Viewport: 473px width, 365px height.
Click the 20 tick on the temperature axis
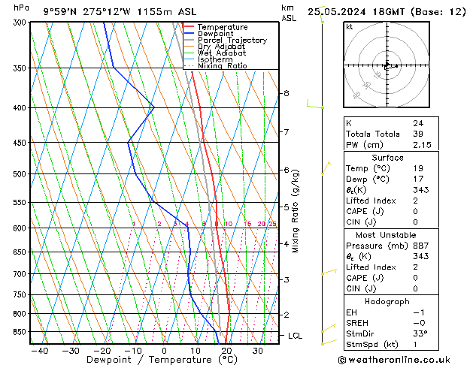[x=226, y=351]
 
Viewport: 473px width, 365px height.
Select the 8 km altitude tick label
[x=286, y=93]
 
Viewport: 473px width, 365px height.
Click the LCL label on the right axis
[x=295, y=336]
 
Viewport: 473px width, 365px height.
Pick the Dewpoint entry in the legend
[x=216, y=34]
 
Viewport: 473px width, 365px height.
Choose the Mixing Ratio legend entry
[x=222, y=66]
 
